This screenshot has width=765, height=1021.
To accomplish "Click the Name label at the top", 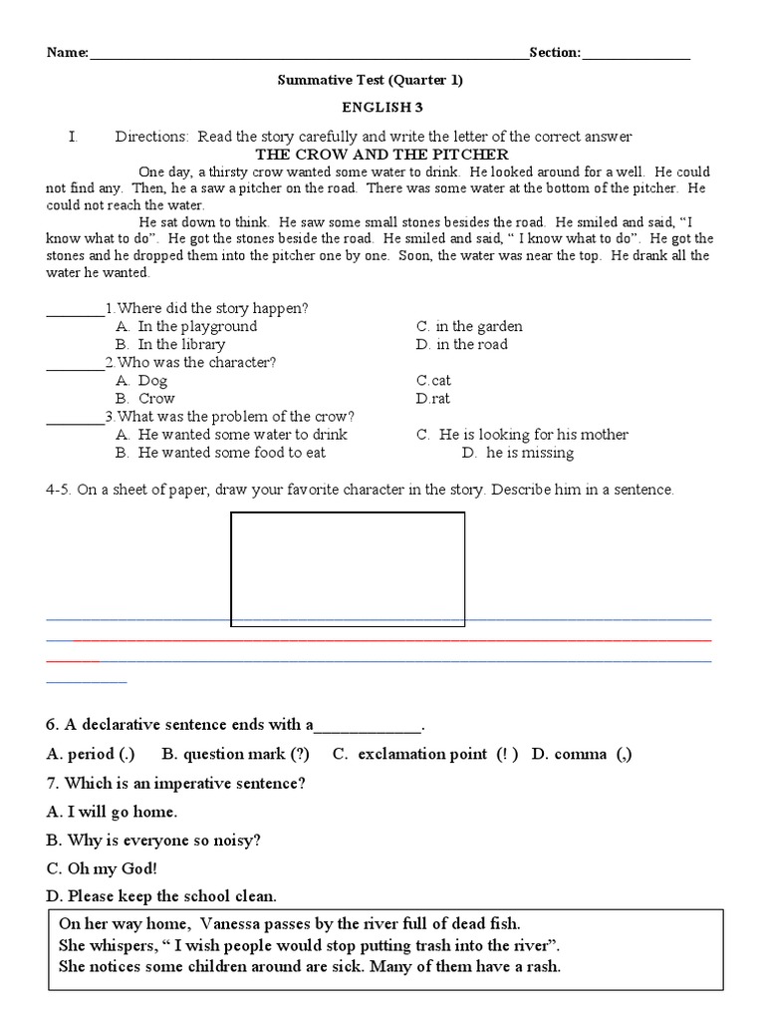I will pyautogui.click(x=67, y=53).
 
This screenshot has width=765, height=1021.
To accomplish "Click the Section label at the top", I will pyautogui.click(x=555, y=53).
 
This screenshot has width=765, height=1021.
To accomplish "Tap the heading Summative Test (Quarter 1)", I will pyautogui.click(x=370, y=81).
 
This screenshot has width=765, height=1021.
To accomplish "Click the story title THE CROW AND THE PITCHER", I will pyautogui.click(x=382, y=155).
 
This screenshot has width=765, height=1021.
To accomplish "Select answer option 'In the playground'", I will pyautogui.click(x=196, y=326).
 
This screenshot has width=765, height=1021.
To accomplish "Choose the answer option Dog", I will pyautogui.click(x=152, y=380).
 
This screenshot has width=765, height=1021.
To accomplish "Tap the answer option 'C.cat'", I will pyautogui.click(x=433, y=380).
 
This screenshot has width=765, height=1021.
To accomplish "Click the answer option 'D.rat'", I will pyautogui.click(x=433, y=398).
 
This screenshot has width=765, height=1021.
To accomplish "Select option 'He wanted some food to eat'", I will pyautogui.click(x=231, y=453).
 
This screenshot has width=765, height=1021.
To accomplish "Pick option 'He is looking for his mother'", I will pyautogui.click(x=533, y=435).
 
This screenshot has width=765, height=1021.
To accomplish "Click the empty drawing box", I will pyautogui.click(x=348, y=568).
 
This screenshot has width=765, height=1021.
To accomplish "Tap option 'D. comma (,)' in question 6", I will pyautogui.click(x=582, y=754).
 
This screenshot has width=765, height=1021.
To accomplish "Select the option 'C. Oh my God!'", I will pyautogui.click(x=102, y=868).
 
